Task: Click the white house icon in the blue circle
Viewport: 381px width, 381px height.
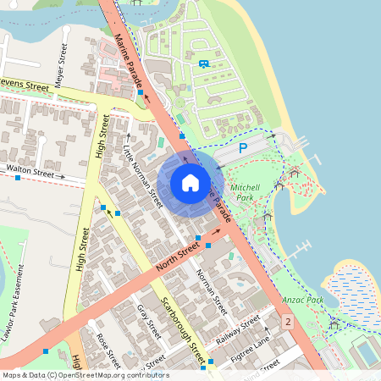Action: coord(190,183)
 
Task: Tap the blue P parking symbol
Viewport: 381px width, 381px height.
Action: coord(243,149)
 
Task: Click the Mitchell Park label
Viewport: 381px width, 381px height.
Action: coord(246,191)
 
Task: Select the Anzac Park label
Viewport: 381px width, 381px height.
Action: coord(304,300)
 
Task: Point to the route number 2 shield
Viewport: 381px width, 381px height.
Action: coord(288,322)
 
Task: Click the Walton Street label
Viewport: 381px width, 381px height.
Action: coord(30,171)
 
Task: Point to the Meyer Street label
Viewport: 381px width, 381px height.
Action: coord(60,65)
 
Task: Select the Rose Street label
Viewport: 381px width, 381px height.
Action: coord(108,347)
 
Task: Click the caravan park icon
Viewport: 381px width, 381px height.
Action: coord(203,63)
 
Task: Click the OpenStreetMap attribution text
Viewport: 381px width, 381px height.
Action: coord(85,375)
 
